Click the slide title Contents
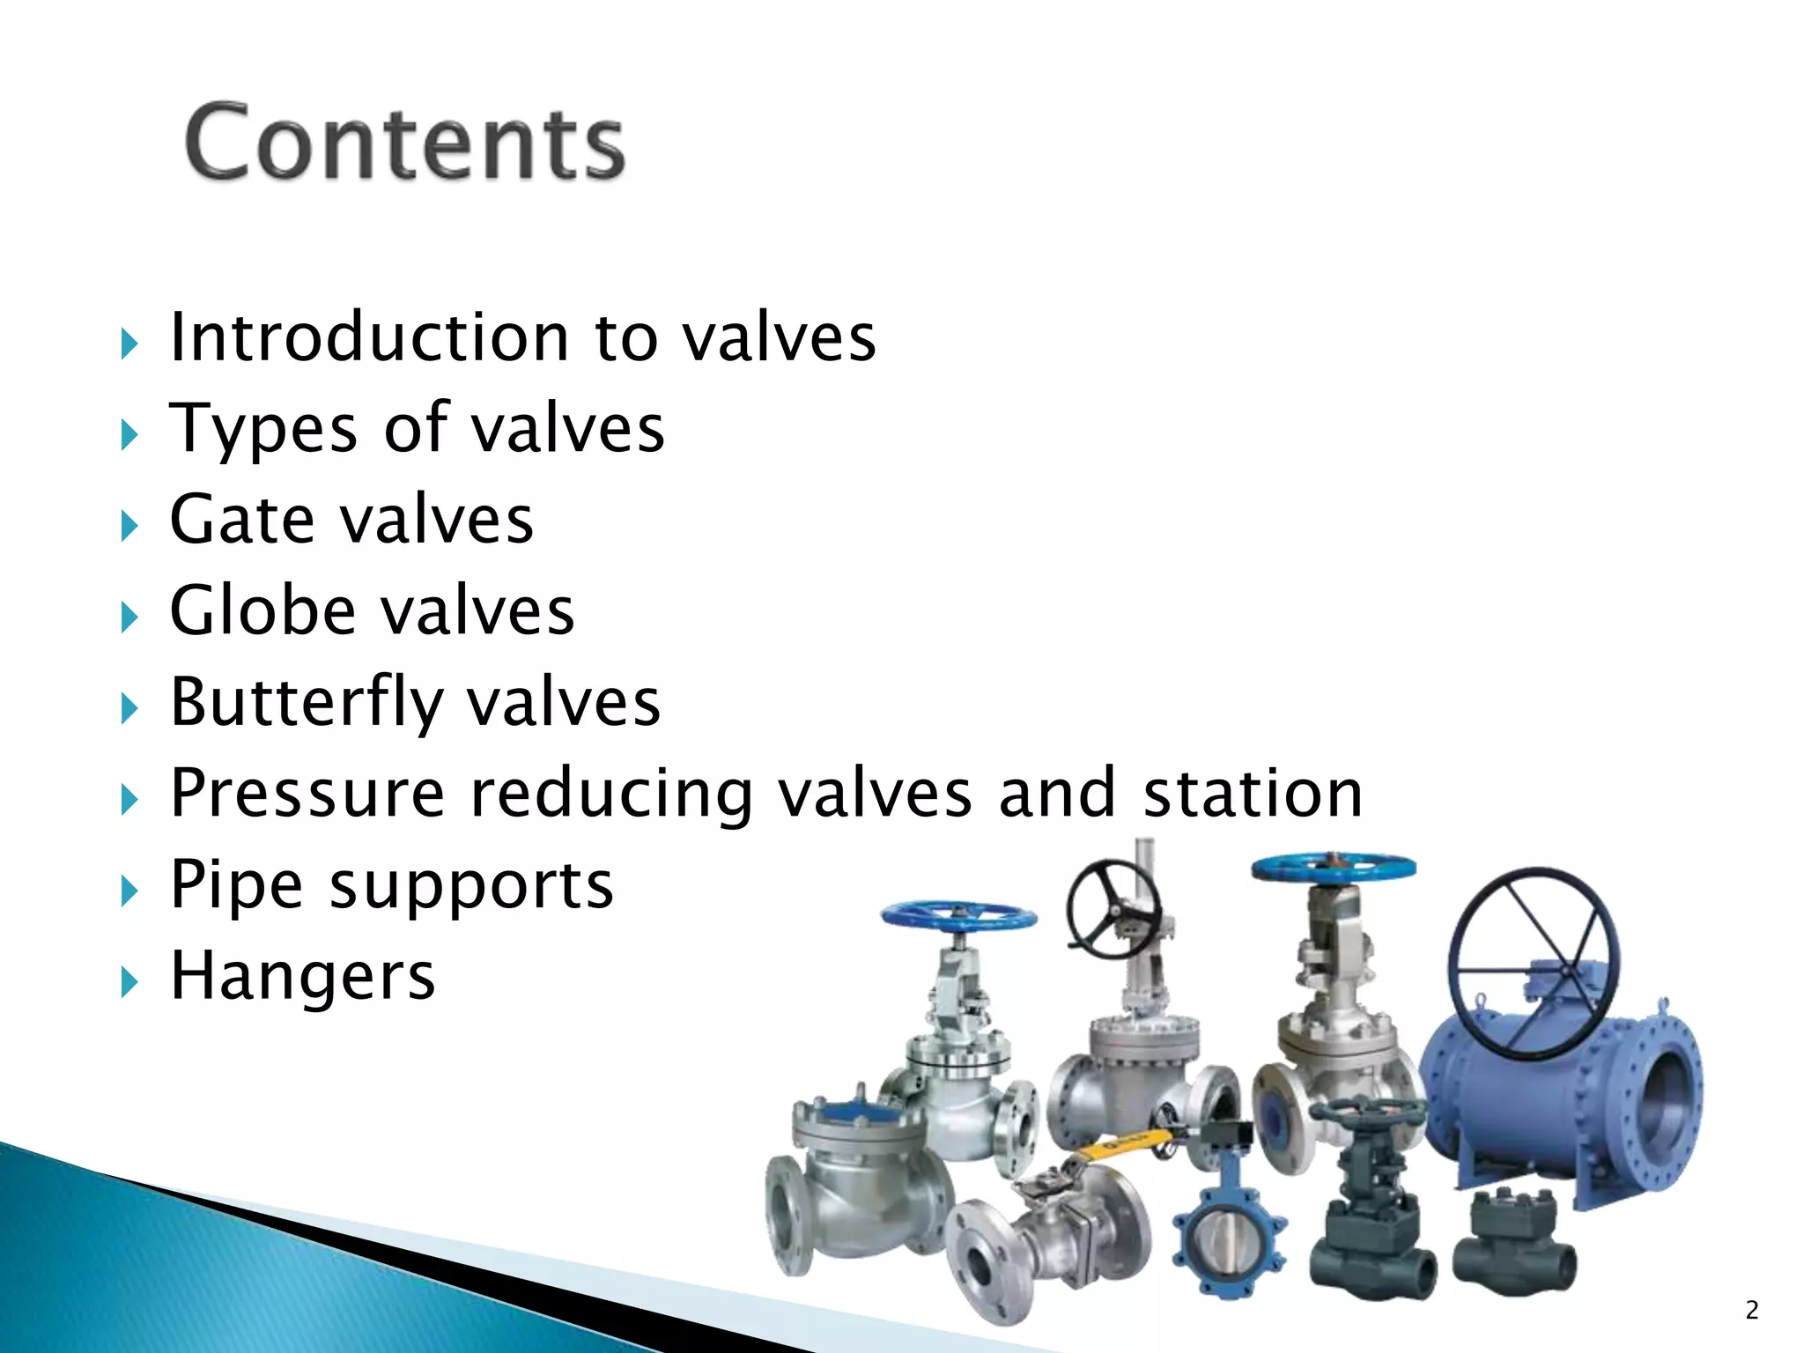(405, 143)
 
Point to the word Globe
(262, 610)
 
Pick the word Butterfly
(306, 703)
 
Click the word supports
(471, 886)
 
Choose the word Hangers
(302, 976)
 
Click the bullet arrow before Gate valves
(129, 526)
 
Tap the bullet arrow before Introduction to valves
(129, 344)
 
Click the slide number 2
(1751, 1310)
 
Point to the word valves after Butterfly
(563, 703)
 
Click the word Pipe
(237, 885)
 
